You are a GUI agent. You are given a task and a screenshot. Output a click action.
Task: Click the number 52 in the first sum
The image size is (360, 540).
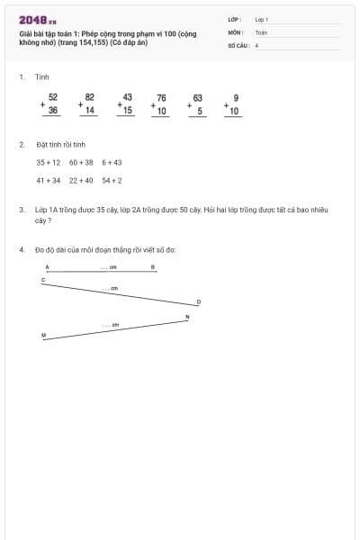point(53,96)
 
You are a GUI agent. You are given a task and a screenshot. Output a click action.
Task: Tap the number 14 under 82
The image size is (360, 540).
point(90,111)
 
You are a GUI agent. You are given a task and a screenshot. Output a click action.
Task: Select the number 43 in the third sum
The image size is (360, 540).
point(127,96)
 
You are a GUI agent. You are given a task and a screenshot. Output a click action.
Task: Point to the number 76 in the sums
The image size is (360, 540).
point(161,97)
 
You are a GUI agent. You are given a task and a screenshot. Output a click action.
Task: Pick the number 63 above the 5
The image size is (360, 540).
point(198,97)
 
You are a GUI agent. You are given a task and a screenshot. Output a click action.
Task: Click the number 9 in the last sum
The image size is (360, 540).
point(235,97)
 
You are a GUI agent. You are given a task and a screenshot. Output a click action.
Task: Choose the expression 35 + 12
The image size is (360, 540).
point(49,163)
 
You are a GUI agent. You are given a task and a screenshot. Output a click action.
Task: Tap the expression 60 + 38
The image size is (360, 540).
point(81,163)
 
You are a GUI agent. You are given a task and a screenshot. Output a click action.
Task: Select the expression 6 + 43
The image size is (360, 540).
point(112,163)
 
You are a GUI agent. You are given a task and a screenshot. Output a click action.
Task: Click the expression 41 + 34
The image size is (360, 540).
point(49,180)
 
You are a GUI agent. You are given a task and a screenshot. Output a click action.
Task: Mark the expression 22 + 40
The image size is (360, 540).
point(81,180)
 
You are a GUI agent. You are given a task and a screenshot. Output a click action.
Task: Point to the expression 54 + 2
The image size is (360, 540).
point(112,180)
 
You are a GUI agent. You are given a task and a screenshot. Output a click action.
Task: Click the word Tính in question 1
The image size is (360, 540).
point(42,77)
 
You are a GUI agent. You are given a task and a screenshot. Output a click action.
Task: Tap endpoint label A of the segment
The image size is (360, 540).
point(47,267)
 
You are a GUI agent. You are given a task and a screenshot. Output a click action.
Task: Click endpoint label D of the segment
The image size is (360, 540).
point(199,302)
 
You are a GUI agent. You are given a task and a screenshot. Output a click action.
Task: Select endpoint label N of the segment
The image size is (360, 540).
point(187,317)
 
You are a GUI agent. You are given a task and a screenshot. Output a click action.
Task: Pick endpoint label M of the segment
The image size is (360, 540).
point(43,335)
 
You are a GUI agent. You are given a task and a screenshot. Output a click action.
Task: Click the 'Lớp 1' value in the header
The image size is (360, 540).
point(262,18)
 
